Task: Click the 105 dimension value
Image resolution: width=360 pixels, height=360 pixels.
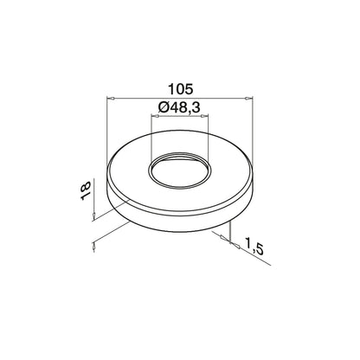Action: (180, 89)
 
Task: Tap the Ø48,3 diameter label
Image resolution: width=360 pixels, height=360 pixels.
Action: (179, 108)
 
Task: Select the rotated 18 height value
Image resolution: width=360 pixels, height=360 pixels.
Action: (86, 190)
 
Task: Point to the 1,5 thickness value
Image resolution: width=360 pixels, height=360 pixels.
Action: (254, 247)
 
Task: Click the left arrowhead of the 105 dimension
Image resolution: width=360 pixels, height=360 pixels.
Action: (111, 99)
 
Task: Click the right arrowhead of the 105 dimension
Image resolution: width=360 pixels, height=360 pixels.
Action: (248, 99)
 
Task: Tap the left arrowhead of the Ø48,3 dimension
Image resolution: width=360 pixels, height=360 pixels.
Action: (156, 116)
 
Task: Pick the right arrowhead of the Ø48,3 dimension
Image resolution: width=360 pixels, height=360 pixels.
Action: (204, 116)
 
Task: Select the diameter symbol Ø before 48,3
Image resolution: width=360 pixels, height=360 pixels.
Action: (163, 108)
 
